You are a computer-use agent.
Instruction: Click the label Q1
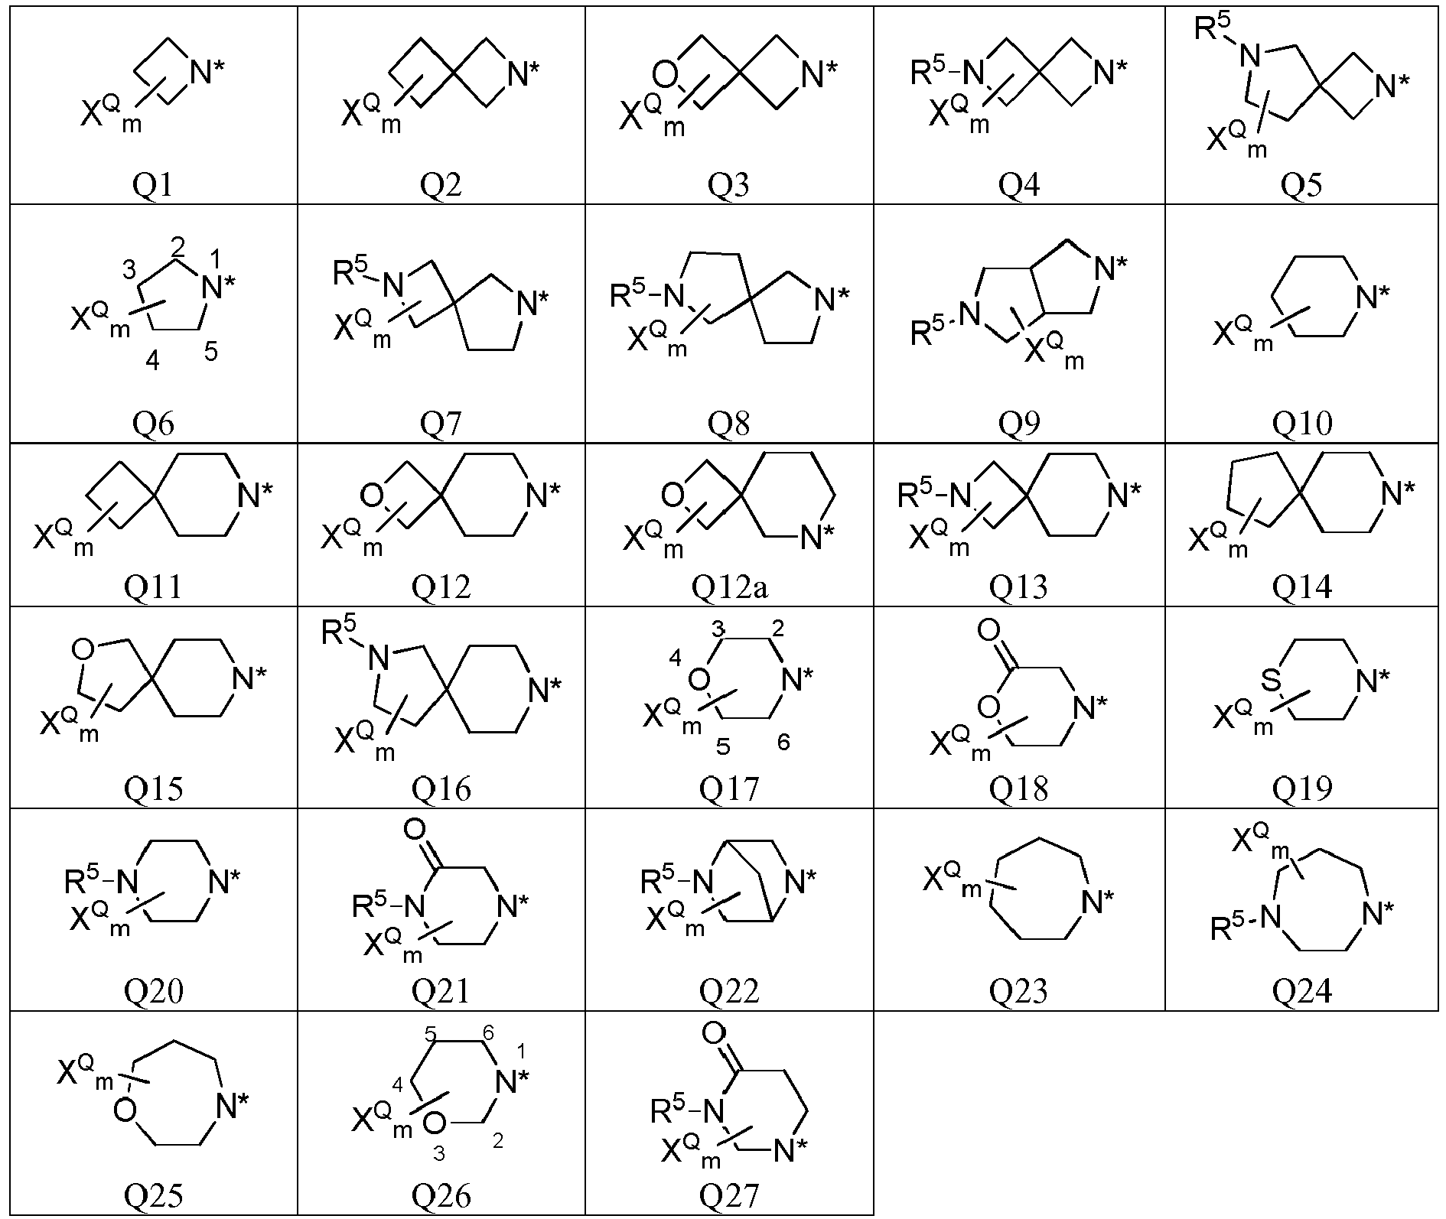click(x=153, y=186)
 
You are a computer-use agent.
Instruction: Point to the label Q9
click(x=1019, y=422)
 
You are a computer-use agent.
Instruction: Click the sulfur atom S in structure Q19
click(x=1271, y=681)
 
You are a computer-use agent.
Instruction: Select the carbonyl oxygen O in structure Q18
click(x=988, y=630)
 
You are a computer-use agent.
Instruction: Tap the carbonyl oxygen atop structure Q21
click(x=414, y=829)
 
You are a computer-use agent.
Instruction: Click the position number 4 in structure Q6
click(x=152, y=361)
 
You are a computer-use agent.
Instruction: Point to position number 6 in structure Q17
click(x=783, y=741)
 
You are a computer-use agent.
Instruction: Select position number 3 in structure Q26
click(x=438, y=1154)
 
